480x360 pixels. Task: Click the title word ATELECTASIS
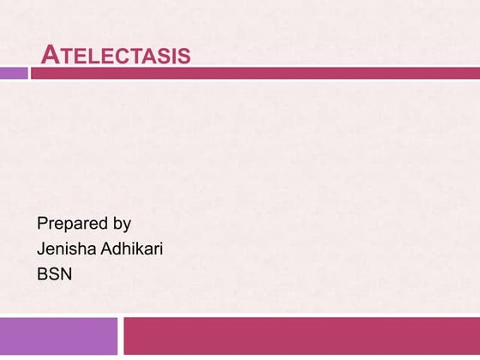116,57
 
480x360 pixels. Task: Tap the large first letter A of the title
50,56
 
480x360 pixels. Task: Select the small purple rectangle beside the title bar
14,74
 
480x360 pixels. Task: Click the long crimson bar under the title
255,74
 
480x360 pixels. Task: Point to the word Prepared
72,225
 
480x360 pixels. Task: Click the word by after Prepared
122,225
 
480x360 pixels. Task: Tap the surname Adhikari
133,249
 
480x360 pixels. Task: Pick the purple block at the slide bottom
58,335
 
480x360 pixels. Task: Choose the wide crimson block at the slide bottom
301,335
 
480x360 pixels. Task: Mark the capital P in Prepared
42,224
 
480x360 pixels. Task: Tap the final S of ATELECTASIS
184,57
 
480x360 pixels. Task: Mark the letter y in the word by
127,226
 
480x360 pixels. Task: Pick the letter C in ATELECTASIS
124,57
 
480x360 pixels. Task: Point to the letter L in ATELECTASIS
88,57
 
